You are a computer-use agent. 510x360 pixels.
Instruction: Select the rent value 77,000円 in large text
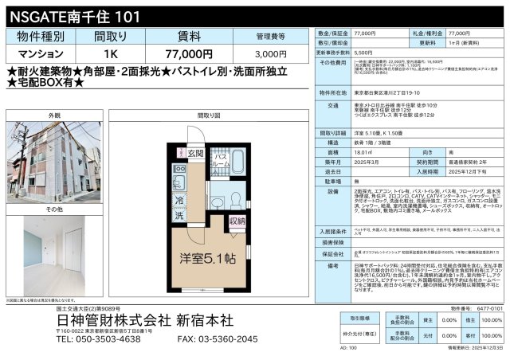[x=189, y=54]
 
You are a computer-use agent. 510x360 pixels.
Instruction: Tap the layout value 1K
[x=109, y=54]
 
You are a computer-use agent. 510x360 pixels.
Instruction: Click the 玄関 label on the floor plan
[x=194, y=153]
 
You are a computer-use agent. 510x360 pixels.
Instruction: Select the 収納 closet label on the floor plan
[x=237, y=220]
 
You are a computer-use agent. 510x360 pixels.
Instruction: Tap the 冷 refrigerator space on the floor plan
[x=179, y=202]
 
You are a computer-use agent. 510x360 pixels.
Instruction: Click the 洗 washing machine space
[x=179, y=217]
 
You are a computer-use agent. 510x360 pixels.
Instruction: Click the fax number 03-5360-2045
[x=217, y=338]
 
